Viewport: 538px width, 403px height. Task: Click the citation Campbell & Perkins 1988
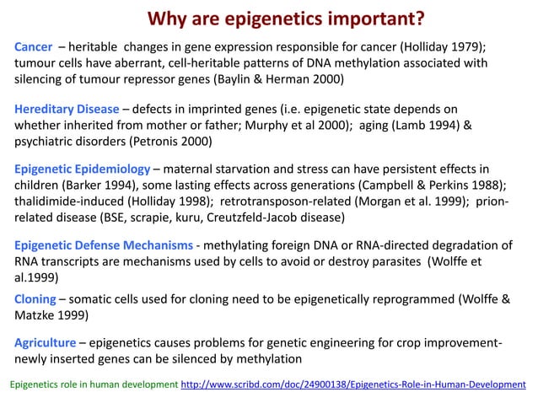click(426, 185)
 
